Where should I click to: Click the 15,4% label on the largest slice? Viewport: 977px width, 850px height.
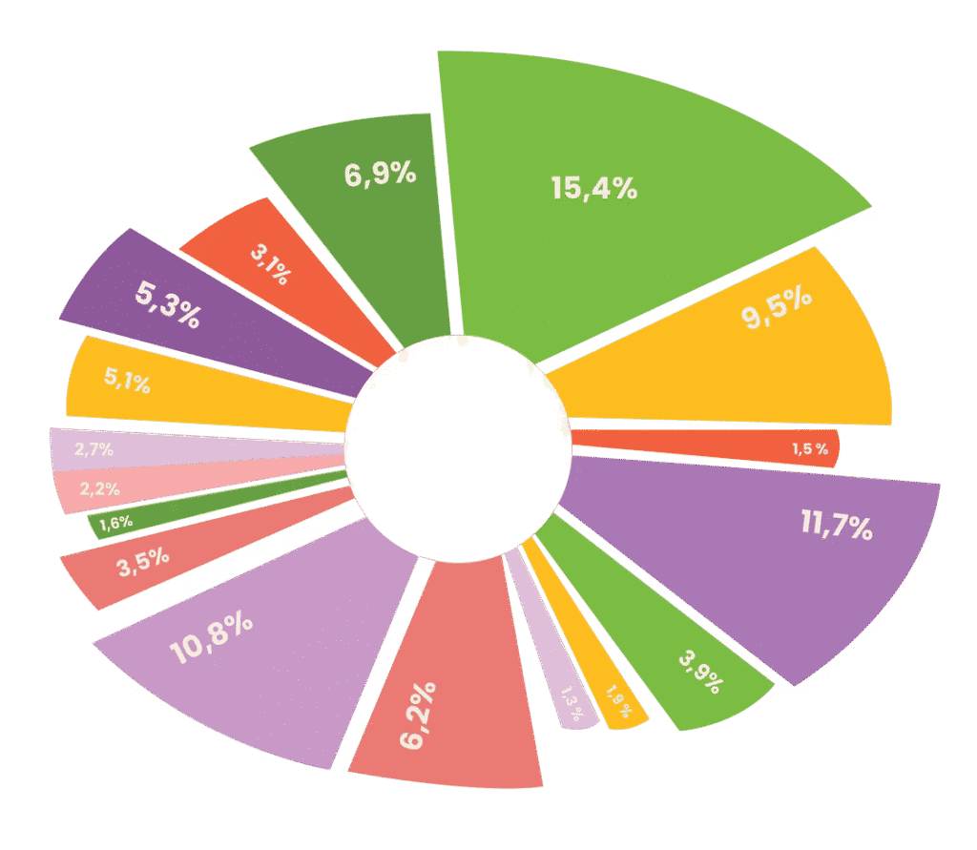[593, 189]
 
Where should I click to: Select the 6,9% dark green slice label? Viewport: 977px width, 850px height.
[380, 175]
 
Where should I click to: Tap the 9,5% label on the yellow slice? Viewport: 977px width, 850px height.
[778, 311]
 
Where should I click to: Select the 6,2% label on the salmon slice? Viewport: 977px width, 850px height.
[419, 715]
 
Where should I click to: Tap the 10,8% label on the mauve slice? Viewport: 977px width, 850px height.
[211, 640]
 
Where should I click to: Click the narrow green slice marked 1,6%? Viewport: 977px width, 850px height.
[116, 523]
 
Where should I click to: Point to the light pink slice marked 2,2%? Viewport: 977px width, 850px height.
[99, 488]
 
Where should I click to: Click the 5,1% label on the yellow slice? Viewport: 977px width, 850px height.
[128, 382]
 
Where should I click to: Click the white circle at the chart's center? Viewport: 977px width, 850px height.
[458, 448]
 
